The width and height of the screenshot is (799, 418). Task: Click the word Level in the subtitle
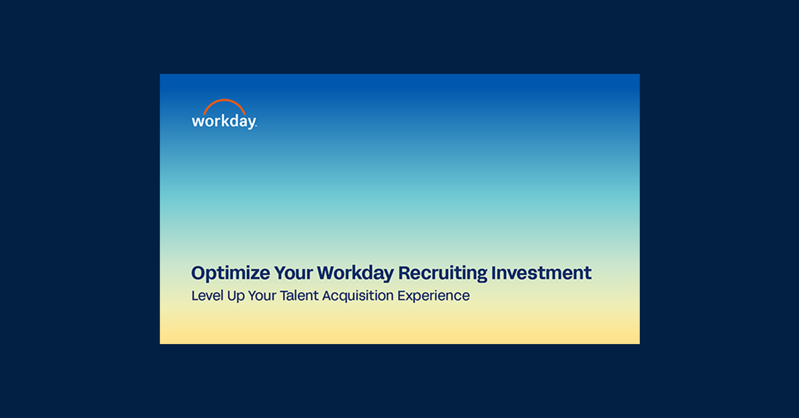(x=206, y=296)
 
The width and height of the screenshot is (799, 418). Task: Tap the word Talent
(x=300, y=296)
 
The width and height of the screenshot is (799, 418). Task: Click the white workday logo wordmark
(x=224, y=122)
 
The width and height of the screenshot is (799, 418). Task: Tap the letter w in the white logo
(x=197, y=122)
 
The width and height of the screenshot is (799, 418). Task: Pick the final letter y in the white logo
(x=250, y=124)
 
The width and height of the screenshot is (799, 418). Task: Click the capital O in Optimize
(x=198, y=273)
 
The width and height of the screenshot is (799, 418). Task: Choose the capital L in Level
(x=194, y=296)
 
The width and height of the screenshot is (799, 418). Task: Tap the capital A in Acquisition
(x=327, y=296)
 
